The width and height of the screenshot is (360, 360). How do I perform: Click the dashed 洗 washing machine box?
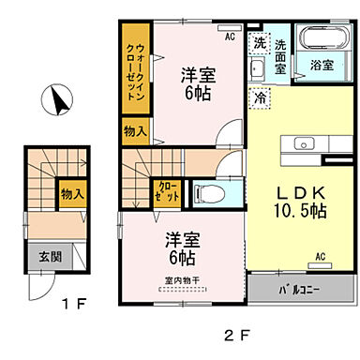(259, 42)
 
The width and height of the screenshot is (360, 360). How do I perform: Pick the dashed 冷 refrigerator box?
(258, 96)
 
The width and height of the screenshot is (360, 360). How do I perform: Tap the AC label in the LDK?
(319, 254)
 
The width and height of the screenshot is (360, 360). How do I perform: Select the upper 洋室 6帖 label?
(195, 82)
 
